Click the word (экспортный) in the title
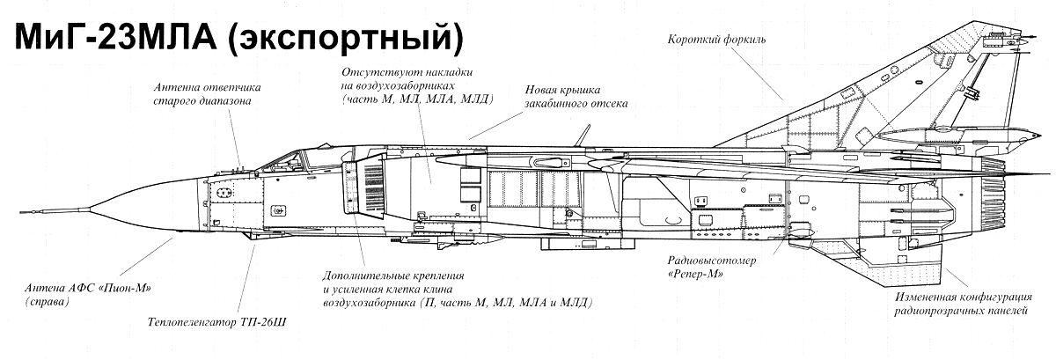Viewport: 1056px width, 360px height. tap(347, 39)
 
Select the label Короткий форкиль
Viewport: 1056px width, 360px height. tap(716, 40)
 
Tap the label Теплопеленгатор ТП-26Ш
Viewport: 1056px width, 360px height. tap(216, 323)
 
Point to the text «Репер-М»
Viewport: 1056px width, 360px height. tap(695, 274)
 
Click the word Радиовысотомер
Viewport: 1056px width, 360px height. tap(711, 260)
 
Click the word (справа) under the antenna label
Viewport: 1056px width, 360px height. tap(48, 302)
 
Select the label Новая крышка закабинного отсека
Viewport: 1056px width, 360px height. tap(576, 96)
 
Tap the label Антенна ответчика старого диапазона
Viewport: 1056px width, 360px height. tap(207, 94)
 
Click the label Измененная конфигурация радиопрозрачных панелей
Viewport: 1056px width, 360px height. tap(964, 304)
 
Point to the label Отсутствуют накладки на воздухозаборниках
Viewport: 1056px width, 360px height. tap(418, 86)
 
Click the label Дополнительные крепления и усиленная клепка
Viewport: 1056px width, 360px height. tap(458, 290)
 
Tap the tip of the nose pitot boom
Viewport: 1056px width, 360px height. tap(19, 212)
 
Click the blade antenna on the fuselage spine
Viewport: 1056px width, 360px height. tap(583, 136)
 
